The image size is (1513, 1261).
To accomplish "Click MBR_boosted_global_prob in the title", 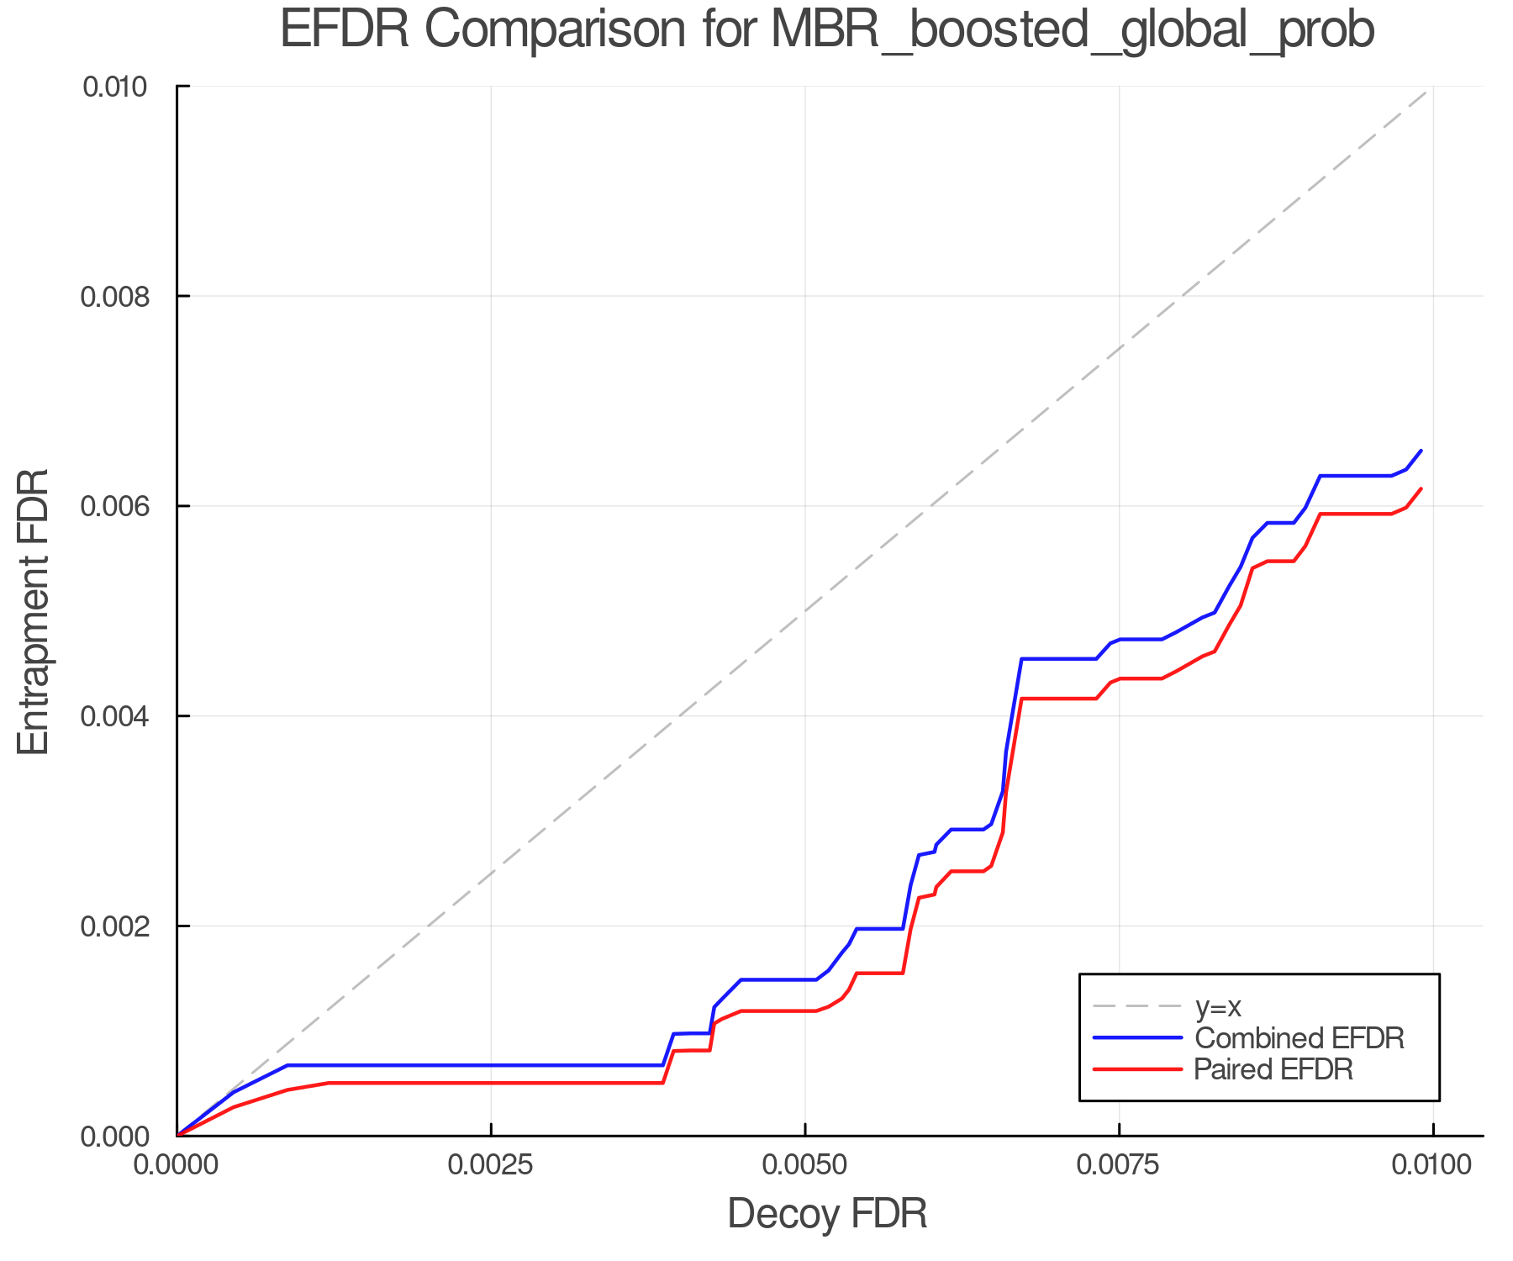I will [x=1072, y=31].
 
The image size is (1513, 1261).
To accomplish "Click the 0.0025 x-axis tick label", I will [x=490, y=1165].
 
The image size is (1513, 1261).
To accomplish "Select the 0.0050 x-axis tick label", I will [x=804, y=1165].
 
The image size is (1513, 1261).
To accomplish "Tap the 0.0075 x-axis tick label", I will [x=1119, y=1165].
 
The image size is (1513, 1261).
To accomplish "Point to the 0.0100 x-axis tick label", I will [x=1432, y=1165].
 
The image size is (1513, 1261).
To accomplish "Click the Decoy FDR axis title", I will [x=827, y=1214].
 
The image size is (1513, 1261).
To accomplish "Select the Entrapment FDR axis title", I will [x=34, y=611].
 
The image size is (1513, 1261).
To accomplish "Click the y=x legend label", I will [x=1218, y=1006].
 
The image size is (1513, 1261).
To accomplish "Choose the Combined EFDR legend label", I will [x=1299, y=1038].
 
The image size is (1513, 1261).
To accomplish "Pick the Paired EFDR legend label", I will [x=1273, y=1069].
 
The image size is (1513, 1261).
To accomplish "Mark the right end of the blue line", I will [x=1421, y=451].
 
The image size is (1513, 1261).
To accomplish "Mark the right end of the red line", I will [x=1421, y=488].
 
